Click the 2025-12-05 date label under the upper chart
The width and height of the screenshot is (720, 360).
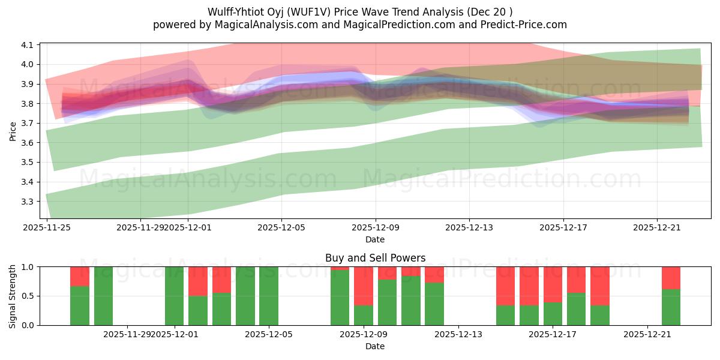tap(282, 227)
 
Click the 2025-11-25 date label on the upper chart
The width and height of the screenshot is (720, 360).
tap(47, 227)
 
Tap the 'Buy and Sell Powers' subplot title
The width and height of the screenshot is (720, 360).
tap(375, 258)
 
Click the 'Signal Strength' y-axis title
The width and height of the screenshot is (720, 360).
tap(13, 296)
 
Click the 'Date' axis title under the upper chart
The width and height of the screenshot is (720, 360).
tap(375, 239)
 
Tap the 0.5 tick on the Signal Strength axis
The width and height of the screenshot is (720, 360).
tap(29, 296)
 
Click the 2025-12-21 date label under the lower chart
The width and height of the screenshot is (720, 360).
tap(647, 334)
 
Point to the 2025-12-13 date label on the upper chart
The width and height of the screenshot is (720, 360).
tap(469, 227)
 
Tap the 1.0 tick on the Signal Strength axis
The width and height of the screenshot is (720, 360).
tap(29, 266)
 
